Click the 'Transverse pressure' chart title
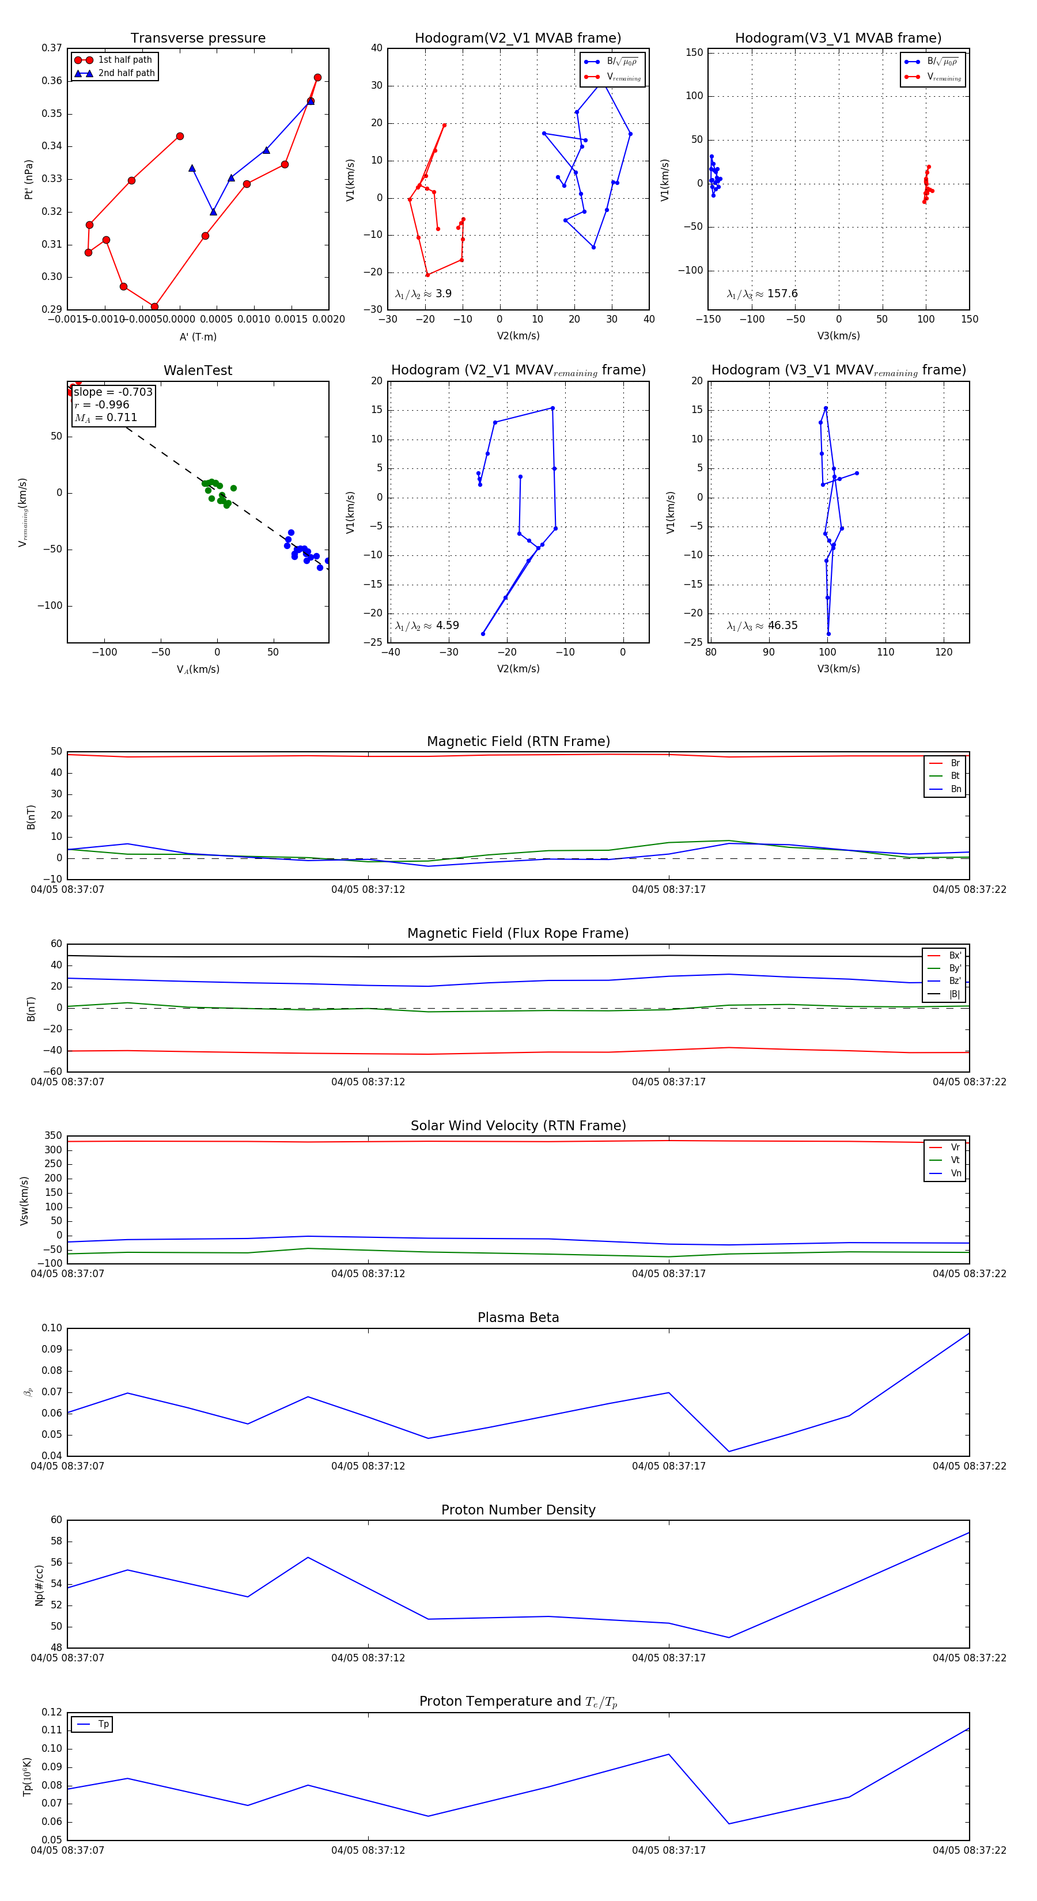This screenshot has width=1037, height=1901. pyautogui.click(x=198, y=39)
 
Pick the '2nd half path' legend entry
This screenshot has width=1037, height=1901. pyautogui.click(x=126, y=73)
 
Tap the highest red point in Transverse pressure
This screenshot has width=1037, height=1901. pyautogui.click(x=317, y=78)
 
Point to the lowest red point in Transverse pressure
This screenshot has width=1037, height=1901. pyautogui.click(x=154, y=306)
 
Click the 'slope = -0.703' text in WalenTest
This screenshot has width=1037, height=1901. pyautogui.click(x=113, y=392)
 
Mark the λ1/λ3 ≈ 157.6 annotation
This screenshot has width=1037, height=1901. pyautogui.click(x=762, y=294)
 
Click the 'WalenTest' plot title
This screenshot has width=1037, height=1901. pyautogui.click(x=198, y=370)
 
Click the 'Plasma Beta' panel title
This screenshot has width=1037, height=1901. pyautogui.click(x=518, y=1318)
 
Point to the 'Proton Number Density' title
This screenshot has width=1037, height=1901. pyautogui.click(x=518, y=1510)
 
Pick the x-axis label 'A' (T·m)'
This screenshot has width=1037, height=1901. pyautogui.click(x=198, y=337)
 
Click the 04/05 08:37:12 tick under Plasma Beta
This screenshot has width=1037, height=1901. pyautogui.click(x=368, y=1465)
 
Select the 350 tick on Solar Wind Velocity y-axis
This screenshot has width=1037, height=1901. pyautogui.click(x=53, y=1136)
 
